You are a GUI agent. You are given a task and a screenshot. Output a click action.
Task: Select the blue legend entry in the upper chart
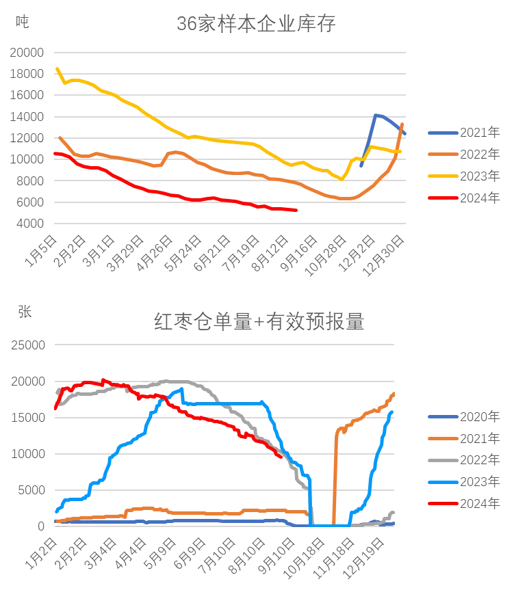click(465, 132)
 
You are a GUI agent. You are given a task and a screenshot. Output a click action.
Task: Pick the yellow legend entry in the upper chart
click(465, 175)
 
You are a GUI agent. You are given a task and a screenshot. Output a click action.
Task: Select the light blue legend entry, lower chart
click(465, 481)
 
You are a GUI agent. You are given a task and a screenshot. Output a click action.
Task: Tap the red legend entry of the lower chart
click(465, 503)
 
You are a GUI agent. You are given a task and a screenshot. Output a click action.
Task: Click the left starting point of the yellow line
click(57, 68)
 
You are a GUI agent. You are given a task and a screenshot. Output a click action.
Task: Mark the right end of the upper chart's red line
click(298, 210)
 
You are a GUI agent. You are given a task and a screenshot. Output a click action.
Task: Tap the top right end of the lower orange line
click(395, 393)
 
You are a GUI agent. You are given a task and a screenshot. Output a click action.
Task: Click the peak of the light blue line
click(183, 389)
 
